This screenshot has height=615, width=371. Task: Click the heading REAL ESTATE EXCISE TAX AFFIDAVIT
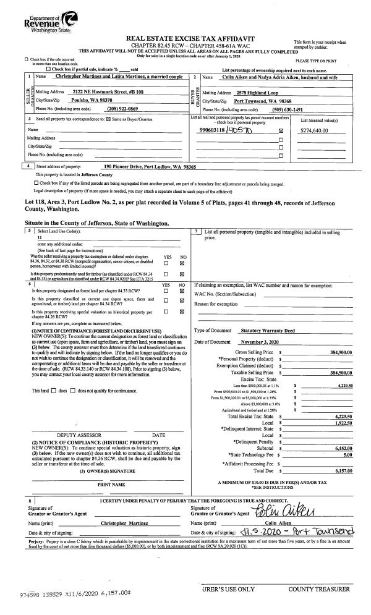pos(185,38)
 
